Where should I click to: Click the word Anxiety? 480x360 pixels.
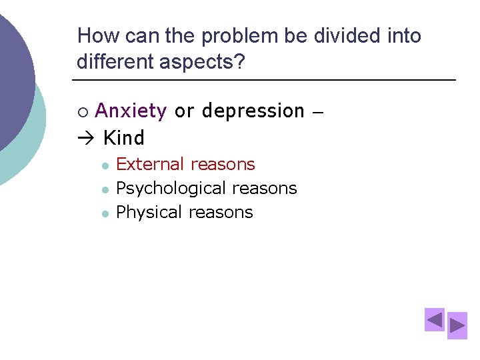(131, 111)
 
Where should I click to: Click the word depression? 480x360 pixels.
(253, 111)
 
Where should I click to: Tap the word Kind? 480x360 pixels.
(124, 138)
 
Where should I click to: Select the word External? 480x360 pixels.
(149, 164)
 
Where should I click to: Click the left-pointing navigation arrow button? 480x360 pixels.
(435, 320)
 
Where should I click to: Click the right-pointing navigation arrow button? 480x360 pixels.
(457, 326)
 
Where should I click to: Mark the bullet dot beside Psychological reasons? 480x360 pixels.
(105, 189)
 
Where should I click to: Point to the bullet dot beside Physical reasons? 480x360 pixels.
(105, 213)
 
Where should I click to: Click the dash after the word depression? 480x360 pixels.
(317, 112)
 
